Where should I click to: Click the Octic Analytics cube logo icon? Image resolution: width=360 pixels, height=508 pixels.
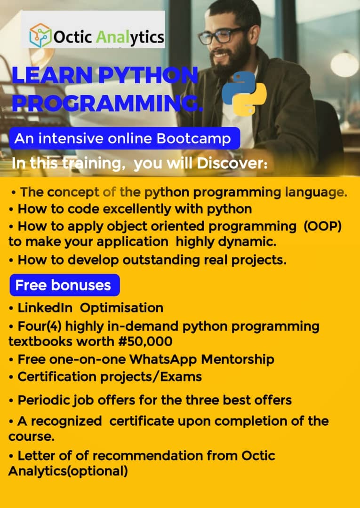click(40, 35)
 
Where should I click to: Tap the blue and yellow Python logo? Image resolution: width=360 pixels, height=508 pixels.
click(244, 94)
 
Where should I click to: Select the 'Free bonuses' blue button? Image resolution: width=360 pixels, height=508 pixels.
click(65, 285)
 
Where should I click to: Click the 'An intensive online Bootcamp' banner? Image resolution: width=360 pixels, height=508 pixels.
click(125, 138)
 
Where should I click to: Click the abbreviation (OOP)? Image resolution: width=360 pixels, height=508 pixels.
click(323, 226)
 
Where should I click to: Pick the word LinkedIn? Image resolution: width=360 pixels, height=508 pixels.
click(45, 308)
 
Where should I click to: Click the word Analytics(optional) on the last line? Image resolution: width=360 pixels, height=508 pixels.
click(68, 471)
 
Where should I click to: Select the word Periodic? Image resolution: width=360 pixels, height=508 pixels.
click(44, 400)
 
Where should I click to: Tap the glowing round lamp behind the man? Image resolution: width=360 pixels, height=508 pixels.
click(344, 64)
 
